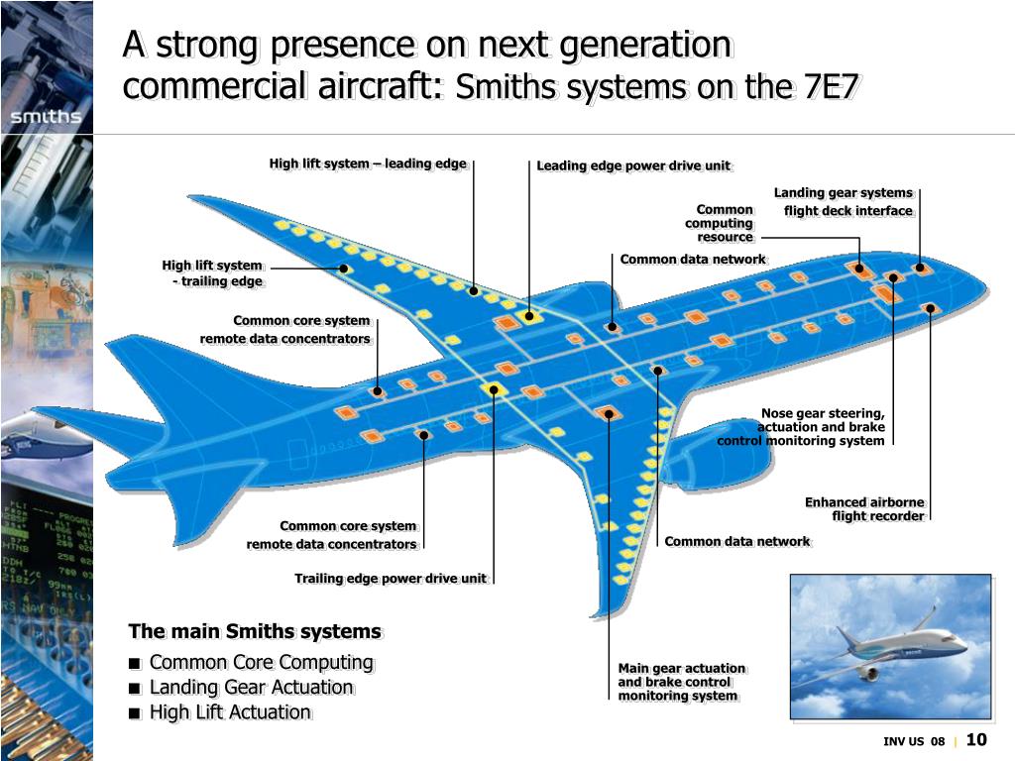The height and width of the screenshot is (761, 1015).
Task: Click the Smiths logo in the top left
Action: [x=46, y=117]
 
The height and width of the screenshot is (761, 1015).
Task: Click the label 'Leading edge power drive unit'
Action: [x=633, y=165]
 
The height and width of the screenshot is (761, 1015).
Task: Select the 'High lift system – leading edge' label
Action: [x=368, y=163]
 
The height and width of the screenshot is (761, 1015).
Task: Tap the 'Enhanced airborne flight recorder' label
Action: [x=864, y=509]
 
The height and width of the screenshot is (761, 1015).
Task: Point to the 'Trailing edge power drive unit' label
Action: [x=391, y=579]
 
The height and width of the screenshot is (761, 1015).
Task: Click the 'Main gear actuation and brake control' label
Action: [x=681, y=682]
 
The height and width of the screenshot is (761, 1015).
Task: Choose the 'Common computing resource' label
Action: [x=721, y=223]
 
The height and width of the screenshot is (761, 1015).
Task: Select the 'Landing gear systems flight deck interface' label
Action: [x=845, y=201]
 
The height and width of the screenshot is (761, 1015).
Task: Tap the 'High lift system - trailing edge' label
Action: [x=213, y=272]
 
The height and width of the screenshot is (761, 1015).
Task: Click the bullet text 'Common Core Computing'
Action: [x=261, y=662]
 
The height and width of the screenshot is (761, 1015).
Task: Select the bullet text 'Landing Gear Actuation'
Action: [x=251, y=687]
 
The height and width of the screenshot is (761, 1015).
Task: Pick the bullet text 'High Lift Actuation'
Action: [x=230, y=711]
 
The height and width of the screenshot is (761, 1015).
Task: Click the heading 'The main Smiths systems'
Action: [x=255, y=631]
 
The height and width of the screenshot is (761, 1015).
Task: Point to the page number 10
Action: [x=976, y=740]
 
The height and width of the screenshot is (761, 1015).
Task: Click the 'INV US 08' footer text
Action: [x=914, y=742]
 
